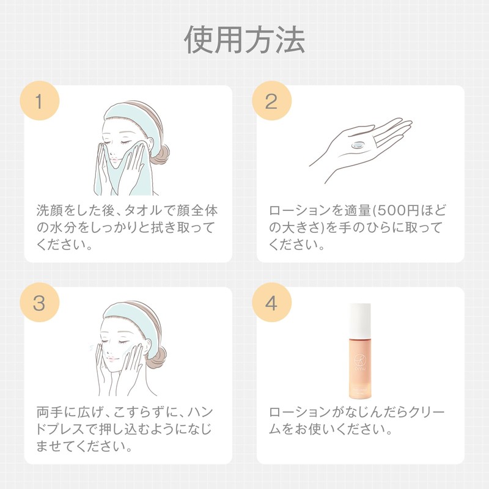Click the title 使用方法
tap(244, 40)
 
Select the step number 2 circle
tap(271, 101)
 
